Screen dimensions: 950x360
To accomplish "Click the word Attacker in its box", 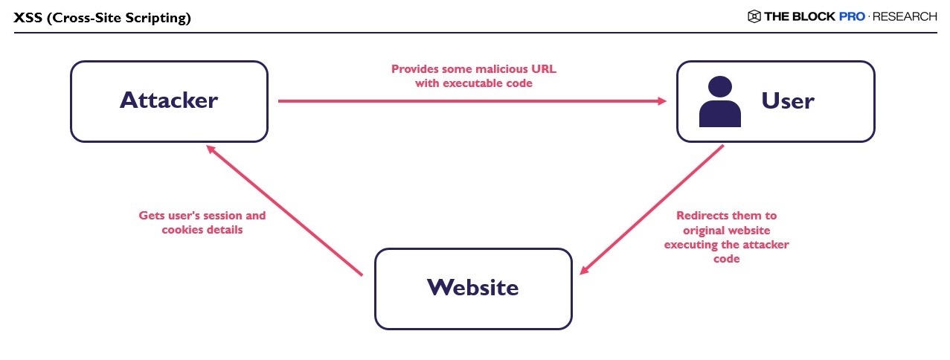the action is point(169,100).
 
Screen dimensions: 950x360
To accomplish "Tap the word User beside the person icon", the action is point(788,101).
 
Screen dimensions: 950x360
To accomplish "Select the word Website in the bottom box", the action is point(473,288).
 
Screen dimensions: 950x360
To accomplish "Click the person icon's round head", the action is point(719,86).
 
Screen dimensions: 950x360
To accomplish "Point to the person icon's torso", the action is point(719,114).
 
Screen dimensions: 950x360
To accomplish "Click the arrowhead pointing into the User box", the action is point(662,101).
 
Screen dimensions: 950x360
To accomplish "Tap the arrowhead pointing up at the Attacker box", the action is point(211,150).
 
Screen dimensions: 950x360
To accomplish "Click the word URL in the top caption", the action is point(544,69).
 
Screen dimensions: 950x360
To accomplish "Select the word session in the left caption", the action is point(222,216).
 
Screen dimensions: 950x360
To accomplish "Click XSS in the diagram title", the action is point(28,18).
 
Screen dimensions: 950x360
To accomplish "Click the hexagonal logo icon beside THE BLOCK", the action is point(754,16).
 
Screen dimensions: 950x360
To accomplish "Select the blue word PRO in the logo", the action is point(852,16).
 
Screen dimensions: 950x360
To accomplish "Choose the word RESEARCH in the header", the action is point(905,16).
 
